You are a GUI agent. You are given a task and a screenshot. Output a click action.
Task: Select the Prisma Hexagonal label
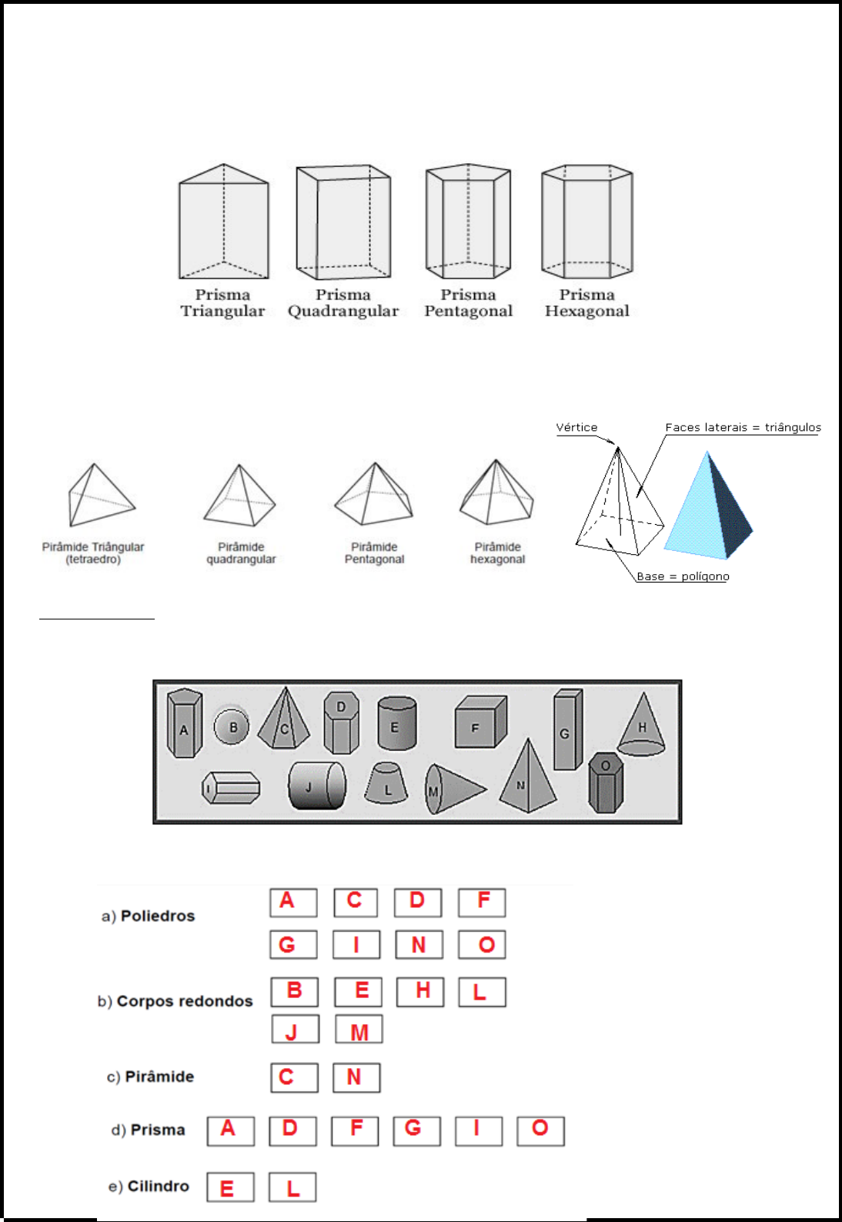click(586, 303)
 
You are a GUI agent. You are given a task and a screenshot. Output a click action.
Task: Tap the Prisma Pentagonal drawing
click(468, 222)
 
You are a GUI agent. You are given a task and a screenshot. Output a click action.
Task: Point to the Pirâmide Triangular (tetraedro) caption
click(93, 553)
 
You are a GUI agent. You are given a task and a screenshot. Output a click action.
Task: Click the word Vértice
click(576, 428)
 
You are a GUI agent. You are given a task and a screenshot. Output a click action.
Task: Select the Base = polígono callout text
click(683, 576)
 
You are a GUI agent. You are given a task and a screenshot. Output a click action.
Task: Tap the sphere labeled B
click(232, 726)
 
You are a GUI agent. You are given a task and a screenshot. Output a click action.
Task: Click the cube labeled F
click(479, 723)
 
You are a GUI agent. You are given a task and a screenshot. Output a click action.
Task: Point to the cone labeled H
click(642, 727)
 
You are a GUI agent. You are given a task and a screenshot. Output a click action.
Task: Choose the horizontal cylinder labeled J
click(316, 786)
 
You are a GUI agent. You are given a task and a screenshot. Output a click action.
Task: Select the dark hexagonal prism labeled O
click(606, 783)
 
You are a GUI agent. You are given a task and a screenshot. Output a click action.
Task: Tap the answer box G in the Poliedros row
click(293, 944)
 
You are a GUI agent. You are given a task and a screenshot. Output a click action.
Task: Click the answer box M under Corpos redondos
click(359, 1030)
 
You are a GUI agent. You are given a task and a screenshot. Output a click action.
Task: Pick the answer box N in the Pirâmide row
click(356, 1077)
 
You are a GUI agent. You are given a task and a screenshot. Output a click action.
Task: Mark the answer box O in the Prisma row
click(540, 1130)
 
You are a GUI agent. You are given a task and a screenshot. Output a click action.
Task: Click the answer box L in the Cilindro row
click(292, 1187)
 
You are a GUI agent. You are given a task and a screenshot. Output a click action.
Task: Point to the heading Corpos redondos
click(184, 1001)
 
